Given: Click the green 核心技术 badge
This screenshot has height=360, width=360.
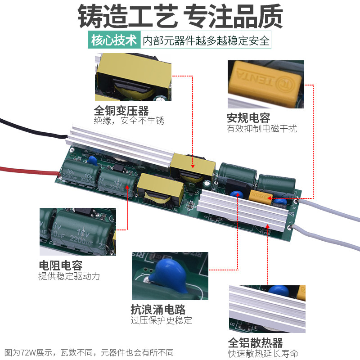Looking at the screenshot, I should (114, 40).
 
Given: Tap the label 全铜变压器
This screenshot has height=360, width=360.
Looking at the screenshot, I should (121, 110).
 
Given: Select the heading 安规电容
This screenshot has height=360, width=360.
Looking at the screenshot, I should (248, 118).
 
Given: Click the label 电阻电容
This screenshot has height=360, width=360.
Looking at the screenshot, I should (61, 265).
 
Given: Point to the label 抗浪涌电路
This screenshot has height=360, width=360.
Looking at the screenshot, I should (158, 310).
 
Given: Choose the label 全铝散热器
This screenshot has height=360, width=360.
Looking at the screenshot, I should (255, 342).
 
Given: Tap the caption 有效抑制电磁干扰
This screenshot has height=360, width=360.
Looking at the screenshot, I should (261, 129).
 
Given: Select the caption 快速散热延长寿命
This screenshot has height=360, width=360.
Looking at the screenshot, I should (263, 353).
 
